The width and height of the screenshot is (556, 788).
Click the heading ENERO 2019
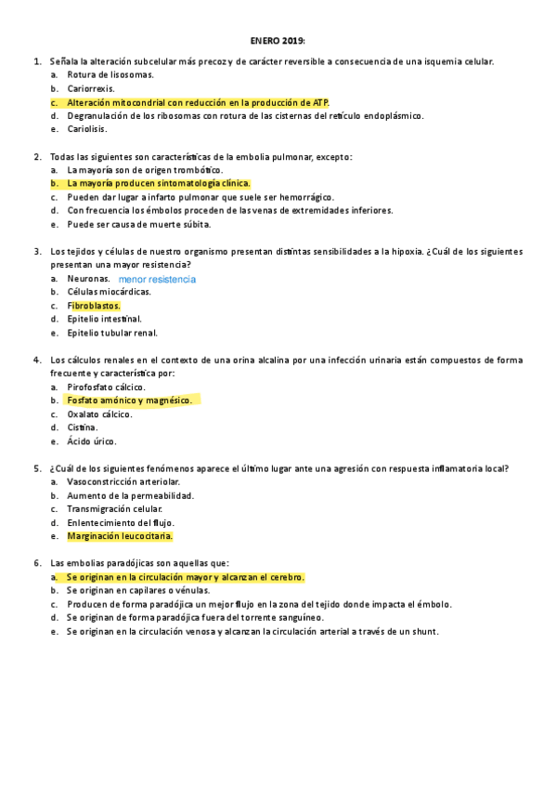(278, 41)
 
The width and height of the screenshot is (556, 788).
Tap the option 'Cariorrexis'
(91, 88)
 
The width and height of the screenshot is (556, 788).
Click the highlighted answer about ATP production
(197, 102)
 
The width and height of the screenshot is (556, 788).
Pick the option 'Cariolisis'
(87, 129)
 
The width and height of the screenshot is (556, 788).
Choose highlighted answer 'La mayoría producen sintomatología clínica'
(159, 184)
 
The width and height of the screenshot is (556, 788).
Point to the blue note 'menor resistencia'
(158, 279)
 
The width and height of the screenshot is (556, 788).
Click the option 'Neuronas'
(88, 278)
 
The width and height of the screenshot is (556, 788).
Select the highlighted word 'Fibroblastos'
(94, 305)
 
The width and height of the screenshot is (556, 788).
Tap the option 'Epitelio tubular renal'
(112, 333)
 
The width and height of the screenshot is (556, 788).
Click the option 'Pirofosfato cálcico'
(107, 387)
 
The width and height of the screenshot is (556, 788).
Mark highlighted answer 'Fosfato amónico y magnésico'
(129, 401)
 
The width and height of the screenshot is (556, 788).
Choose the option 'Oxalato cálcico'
(99, 414)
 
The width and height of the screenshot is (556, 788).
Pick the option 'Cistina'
(83, 428)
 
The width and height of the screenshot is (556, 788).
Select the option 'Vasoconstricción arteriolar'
(124, 482)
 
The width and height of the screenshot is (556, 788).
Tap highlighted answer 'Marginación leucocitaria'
(120, 536)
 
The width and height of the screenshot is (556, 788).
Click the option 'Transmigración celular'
(114, 509)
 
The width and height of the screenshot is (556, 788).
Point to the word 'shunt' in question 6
(424, 632)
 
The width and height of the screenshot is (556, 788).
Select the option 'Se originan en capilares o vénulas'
(138, 590)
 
